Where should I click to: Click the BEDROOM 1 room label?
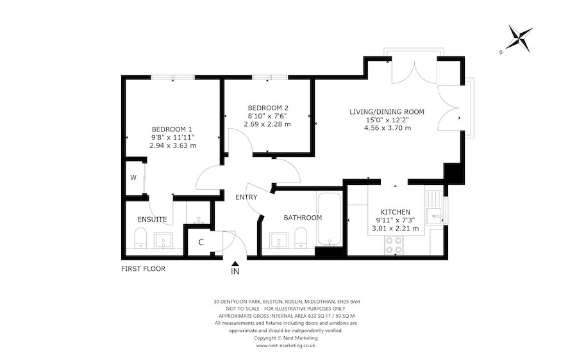(172, 127)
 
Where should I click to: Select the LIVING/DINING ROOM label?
(387, 112)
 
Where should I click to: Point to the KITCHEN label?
(396, 212)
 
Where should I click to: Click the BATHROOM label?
(303, 218)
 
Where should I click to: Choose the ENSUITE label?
(152, 220)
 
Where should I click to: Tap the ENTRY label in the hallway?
(246, 197)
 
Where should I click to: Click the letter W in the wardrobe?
(134, 177)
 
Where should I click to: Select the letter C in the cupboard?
(201, 242)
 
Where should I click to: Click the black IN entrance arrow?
(236, 263)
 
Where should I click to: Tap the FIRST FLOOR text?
(144, 269)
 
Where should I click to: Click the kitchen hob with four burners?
(392, 245)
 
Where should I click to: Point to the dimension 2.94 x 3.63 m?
(172, 145)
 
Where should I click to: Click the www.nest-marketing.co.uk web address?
(285, 345)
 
